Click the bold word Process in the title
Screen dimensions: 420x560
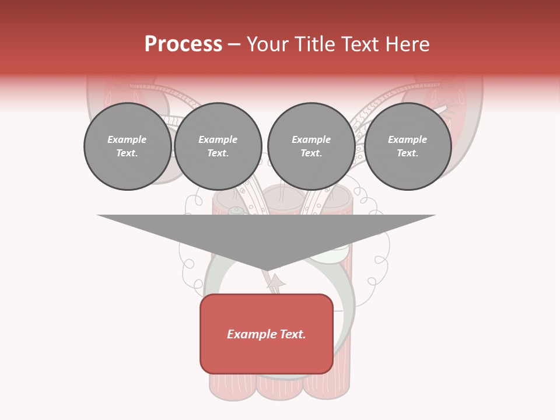click(x=183, y=44)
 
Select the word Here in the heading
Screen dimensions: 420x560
click(x=406, y=44)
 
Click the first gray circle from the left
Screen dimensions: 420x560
click(x=127, y=146)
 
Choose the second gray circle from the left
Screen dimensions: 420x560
click(x=218, y=146)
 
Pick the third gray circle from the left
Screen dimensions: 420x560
click(x=311, y=146)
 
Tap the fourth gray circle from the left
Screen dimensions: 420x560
click(x=408, y=146)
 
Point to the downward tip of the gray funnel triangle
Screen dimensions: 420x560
click(x=267, y=270)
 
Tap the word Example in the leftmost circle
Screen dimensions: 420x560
click(x=127, y=139)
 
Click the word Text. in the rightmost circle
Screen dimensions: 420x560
click(x=408, y=153)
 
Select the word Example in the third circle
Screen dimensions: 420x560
click(x=311, y=139)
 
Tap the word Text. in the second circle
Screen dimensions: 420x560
click(x=218, y=153)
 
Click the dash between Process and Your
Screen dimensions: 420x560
click(x=235, y=44)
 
